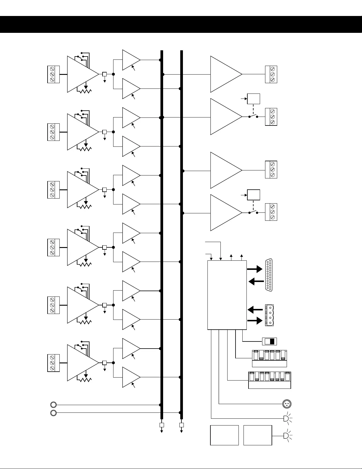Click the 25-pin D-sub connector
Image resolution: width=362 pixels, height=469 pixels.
(x=269, y=275)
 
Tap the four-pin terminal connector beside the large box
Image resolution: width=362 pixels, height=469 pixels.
(x=270, y=315)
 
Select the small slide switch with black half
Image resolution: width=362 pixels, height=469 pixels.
(x=270, y=341)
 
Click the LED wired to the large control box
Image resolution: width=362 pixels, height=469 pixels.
(x=286, y=418)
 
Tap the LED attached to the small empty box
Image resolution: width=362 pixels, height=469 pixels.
(x=286, y=436)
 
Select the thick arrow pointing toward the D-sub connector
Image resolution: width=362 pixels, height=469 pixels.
(x=255, y=269)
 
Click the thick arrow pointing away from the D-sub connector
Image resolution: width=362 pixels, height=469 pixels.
(x=256, y=282)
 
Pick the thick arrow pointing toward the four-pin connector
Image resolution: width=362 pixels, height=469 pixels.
(x=255, y=321)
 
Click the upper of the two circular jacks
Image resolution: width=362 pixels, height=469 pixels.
(x=53, y=404)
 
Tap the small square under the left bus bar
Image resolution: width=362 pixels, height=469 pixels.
(x=162, y=425)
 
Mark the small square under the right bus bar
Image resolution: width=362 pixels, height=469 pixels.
(x=181, y=425)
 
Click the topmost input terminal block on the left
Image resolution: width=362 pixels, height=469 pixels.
(x=53, y=75)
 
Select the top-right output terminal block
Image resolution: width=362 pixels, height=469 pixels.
(x=271, y=75)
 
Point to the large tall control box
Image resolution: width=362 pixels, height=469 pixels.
(x=227, y=295)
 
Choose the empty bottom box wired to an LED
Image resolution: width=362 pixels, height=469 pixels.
(x=258, y=435)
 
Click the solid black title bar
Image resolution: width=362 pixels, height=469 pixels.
(x=181, y=25)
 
